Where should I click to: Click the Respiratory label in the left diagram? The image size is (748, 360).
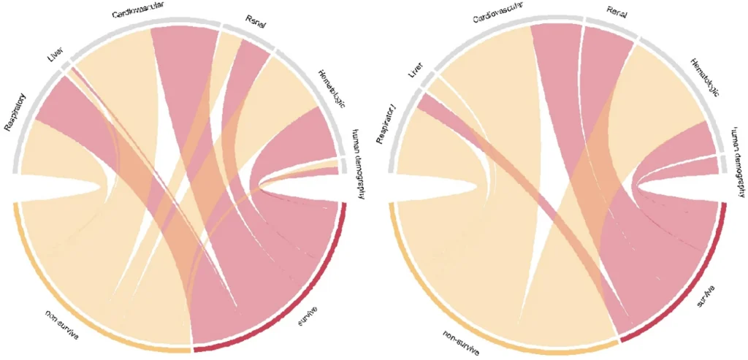[15, 112]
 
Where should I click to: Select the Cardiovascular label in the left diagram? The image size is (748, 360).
[142, 14]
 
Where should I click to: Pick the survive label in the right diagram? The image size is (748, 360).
[703, 297]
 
